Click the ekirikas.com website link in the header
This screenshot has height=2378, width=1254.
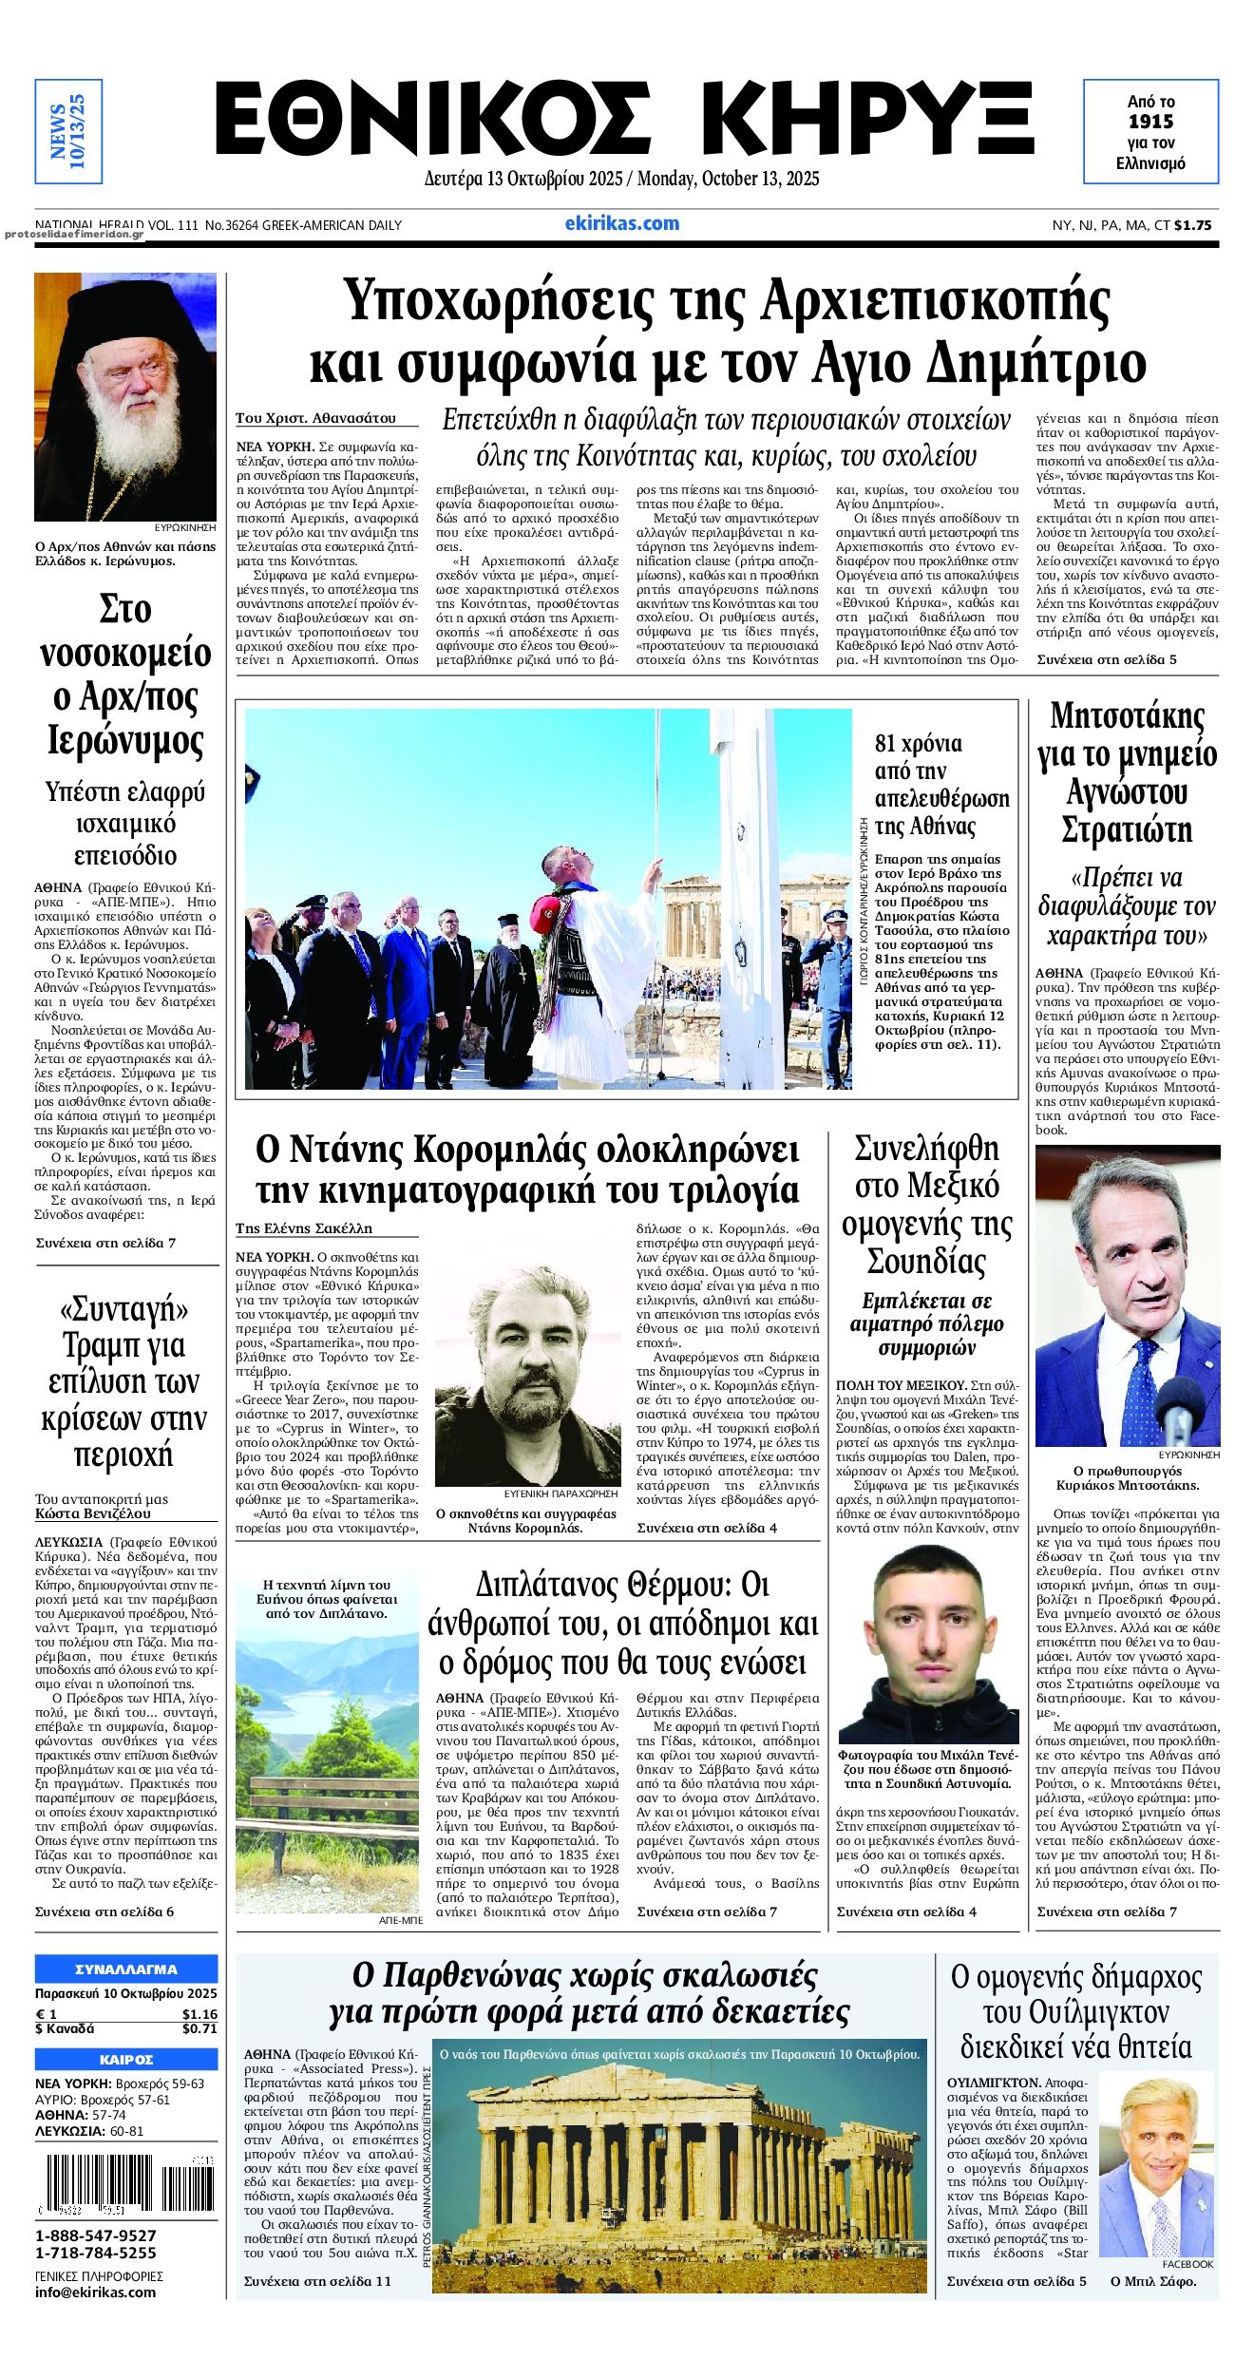[622, 224]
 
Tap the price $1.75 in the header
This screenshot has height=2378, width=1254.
[1193, 225]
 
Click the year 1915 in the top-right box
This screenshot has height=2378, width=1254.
[1150, 122]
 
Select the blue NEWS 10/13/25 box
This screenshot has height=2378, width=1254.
[67, 131]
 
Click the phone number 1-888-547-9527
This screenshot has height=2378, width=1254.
[96, 2236]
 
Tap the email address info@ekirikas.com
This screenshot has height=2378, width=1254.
[95, 2292]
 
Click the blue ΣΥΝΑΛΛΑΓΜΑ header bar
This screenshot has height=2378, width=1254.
[126, 1969]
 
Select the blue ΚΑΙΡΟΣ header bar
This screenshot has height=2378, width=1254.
[126, 2060]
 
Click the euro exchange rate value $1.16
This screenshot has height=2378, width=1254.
[199, 2014]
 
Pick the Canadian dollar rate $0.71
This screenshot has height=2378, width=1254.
[199, 2028]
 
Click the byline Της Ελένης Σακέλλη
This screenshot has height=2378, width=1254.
[304, 1228]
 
